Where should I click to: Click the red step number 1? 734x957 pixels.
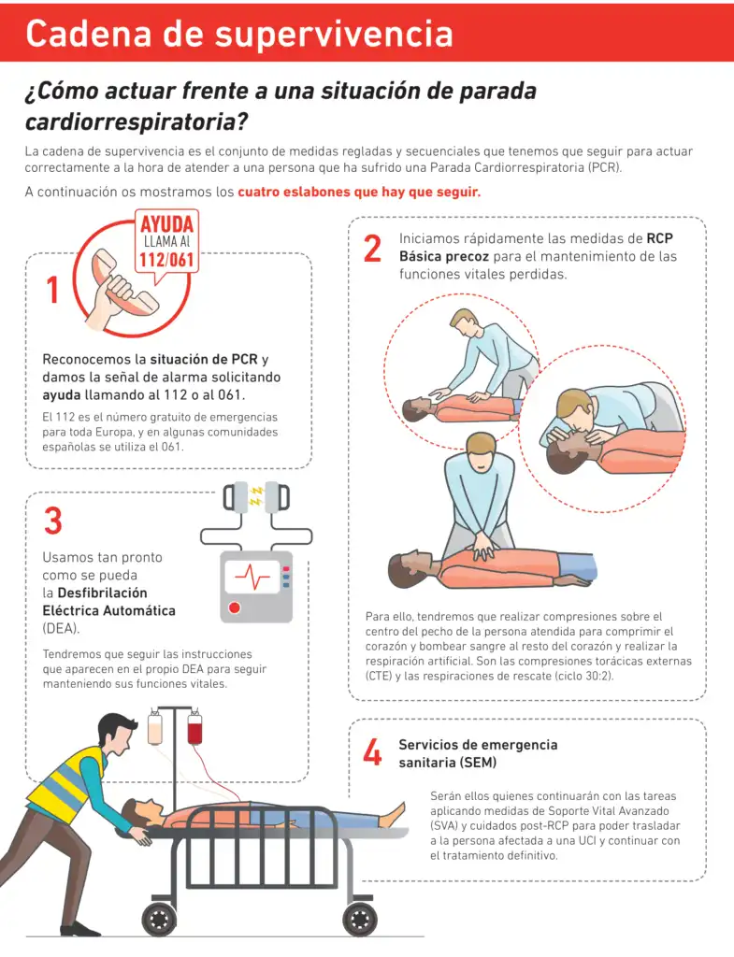pos(53,290)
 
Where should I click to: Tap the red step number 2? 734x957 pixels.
pos(372,249)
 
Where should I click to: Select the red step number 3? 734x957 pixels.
pos(53,521)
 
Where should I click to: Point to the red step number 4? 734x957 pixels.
pos(372,751)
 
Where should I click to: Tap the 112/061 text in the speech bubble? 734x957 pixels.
pos(166,261)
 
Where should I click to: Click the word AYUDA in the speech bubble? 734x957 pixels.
pos(166,224)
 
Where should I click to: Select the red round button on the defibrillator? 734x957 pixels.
pos(234,607)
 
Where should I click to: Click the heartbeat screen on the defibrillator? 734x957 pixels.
pos(252,576)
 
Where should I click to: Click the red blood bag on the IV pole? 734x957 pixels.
pos(194,728)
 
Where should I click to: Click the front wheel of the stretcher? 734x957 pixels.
pos(360,919)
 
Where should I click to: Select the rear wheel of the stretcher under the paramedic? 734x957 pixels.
pos(159,919)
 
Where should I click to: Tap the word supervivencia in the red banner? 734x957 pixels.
pos(334,34)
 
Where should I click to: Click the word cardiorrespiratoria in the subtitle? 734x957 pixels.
pos(137,121)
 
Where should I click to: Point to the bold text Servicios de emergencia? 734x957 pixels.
pos(478,745)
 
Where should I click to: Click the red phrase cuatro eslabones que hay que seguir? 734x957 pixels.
pos(359,192)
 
